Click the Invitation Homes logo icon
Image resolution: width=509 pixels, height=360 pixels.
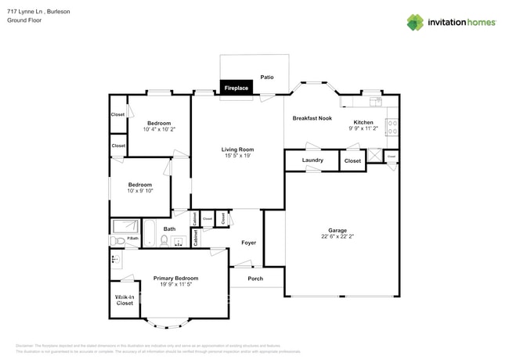pos(415,23)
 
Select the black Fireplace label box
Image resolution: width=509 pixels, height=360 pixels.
pos(236,88)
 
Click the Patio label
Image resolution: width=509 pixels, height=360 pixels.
pos(267,78)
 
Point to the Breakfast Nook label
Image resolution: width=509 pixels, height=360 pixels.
pos(312,118)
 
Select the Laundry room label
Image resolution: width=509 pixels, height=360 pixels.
pos(312,160)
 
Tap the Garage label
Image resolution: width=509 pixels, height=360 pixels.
pos(338,230)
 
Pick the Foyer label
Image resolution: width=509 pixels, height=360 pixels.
pos(248,243)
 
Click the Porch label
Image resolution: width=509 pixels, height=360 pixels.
pos(255,279)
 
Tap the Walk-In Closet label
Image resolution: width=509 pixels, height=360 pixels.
pos(124,300)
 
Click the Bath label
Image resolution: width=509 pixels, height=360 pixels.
pos(169,229)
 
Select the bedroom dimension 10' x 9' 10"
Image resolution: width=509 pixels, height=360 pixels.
pos(140,190)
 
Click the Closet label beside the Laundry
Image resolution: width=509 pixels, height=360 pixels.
pos(353,160)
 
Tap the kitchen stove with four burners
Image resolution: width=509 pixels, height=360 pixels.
pos(392,127)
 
